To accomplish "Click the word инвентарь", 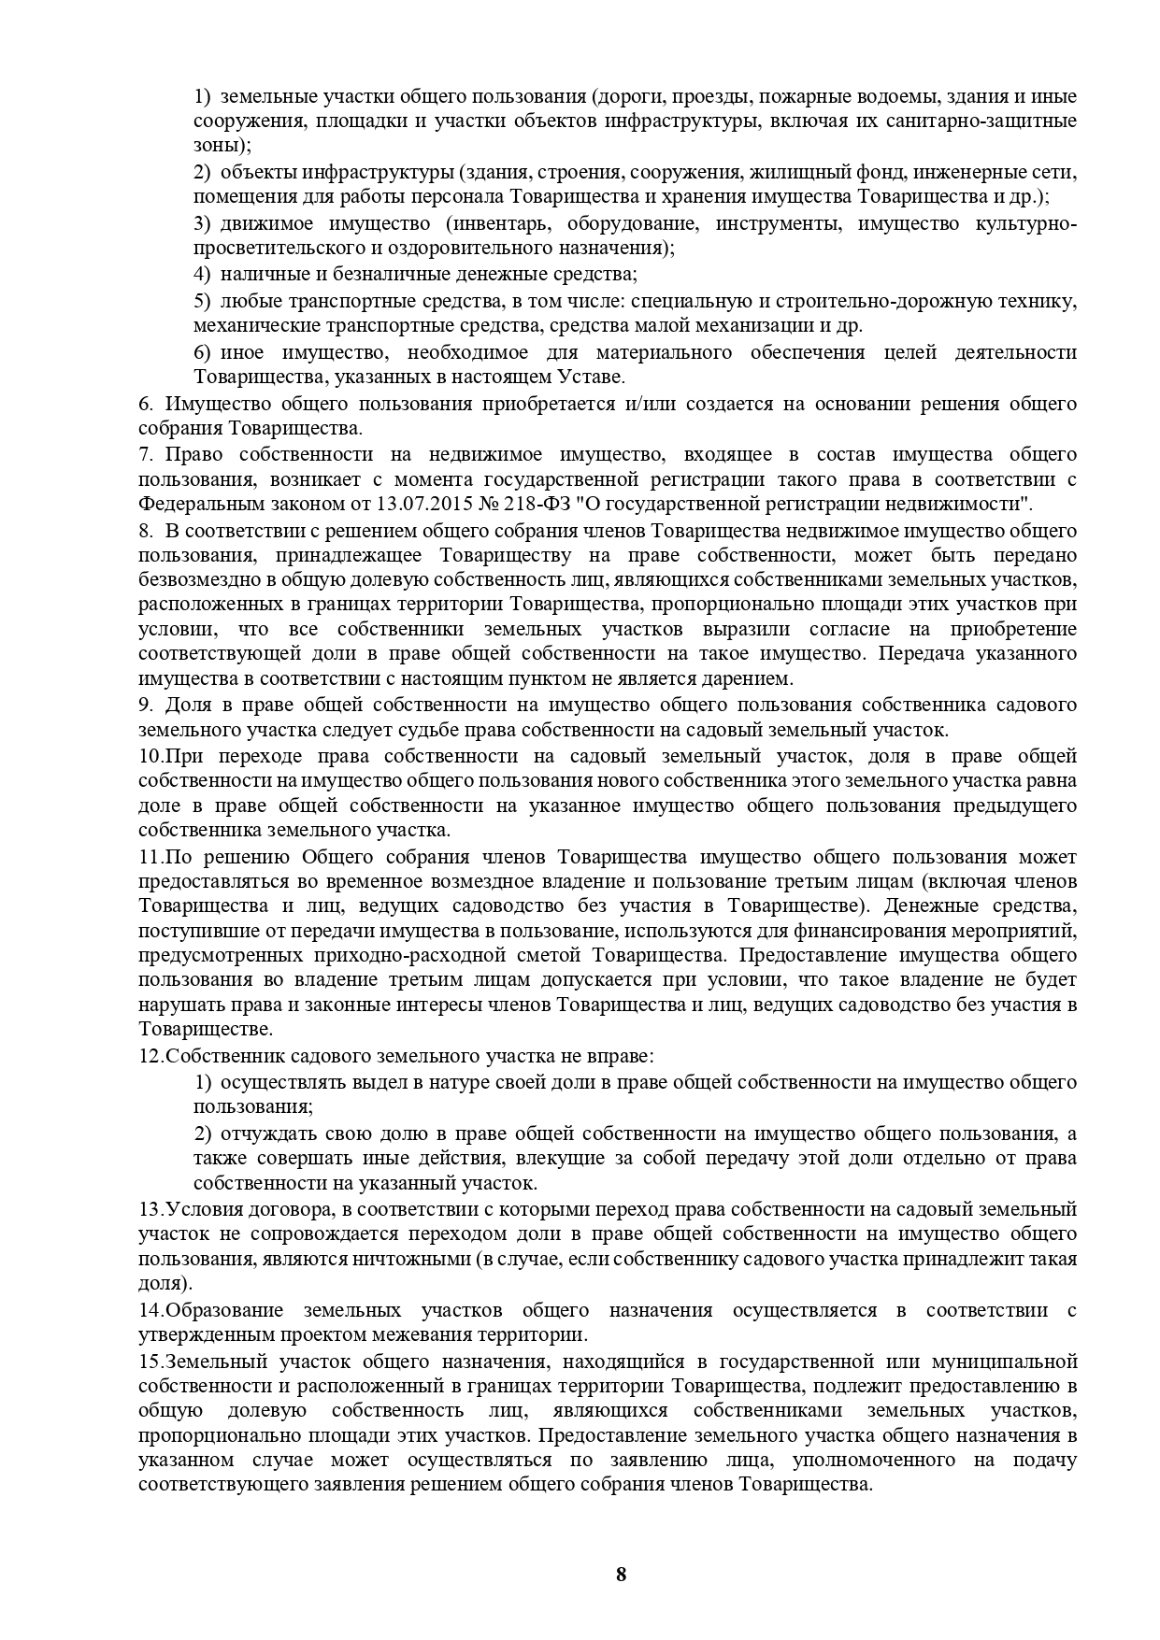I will click(x=491, y=223).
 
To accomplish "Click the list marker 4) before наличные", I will click(x=202, y=274).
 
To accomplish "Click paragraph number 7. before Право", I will click(x=146, y=454).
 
